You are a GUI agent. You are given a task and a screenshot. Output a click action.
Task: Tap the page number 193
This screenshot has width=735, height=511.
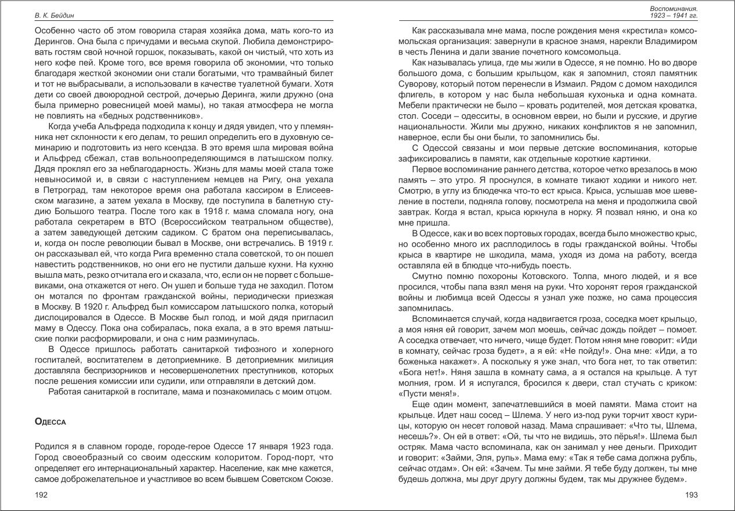pyautogui.click(x=690, y=494)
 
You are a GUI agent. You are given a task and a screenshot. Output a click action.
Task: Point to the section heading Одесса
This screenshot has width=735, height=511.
pyautogui.click(x=51, y=422)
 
